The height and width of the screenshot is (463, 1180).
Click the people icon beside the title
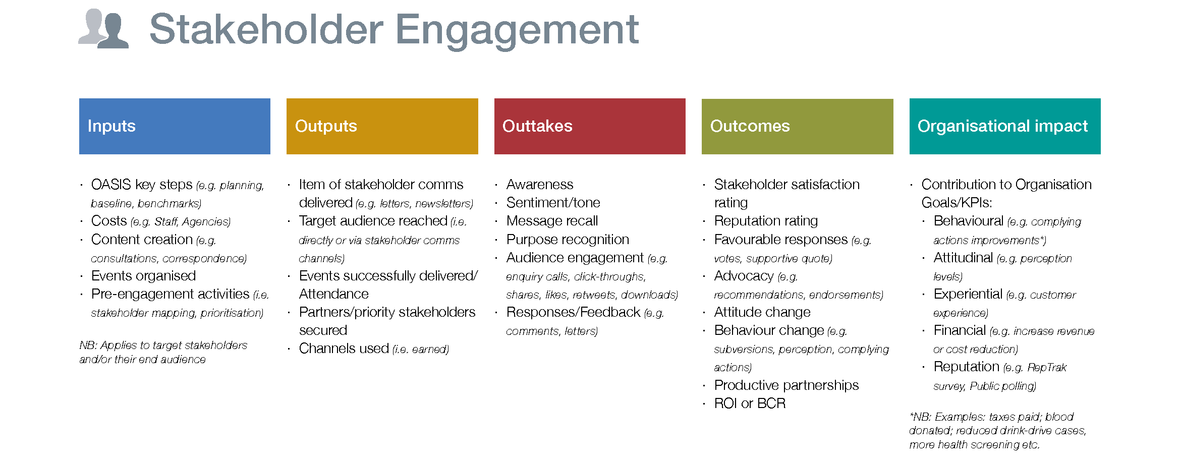pos(103,28)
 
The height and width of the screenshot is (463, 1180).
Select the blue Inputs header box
pos(175,126)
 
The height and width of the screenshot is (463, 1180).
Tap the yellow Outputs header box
pos(382,126)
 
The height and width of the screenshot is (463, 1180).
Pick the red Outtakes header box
pos(590,126)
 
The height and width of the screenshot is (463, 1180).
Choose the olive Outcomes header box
pos(797,126)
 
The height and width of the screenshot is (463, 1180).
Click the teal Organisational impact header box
pos(1005,126)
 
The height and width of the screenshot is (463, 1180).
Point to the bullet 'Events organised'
pos(143,276)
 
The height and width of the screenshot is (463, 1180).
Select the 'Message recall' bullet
pos(552,221)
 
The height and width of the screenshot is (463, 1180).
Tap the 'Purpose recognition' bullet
pos(568,240)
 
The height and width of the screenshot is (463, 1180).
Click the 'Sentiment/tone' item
pos(553,203)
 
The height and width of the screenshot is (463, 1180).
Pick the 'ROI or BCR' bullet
pos(750,403)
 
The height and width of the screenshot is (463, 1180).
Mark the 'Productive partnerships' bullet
pos(786,385)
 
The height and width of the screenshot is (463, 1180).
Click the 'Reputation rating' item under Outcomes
pos(766,221)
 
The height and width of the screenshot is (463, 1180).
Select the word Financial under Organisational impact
pos(960,330)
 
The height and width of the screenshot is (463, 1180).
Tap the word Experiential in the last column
pos(968,294)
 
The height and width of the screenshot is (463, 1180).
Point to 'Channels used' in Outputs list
pos(344,349)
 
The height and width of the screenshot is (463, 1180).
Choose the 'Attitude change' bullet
pos(762,312)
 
